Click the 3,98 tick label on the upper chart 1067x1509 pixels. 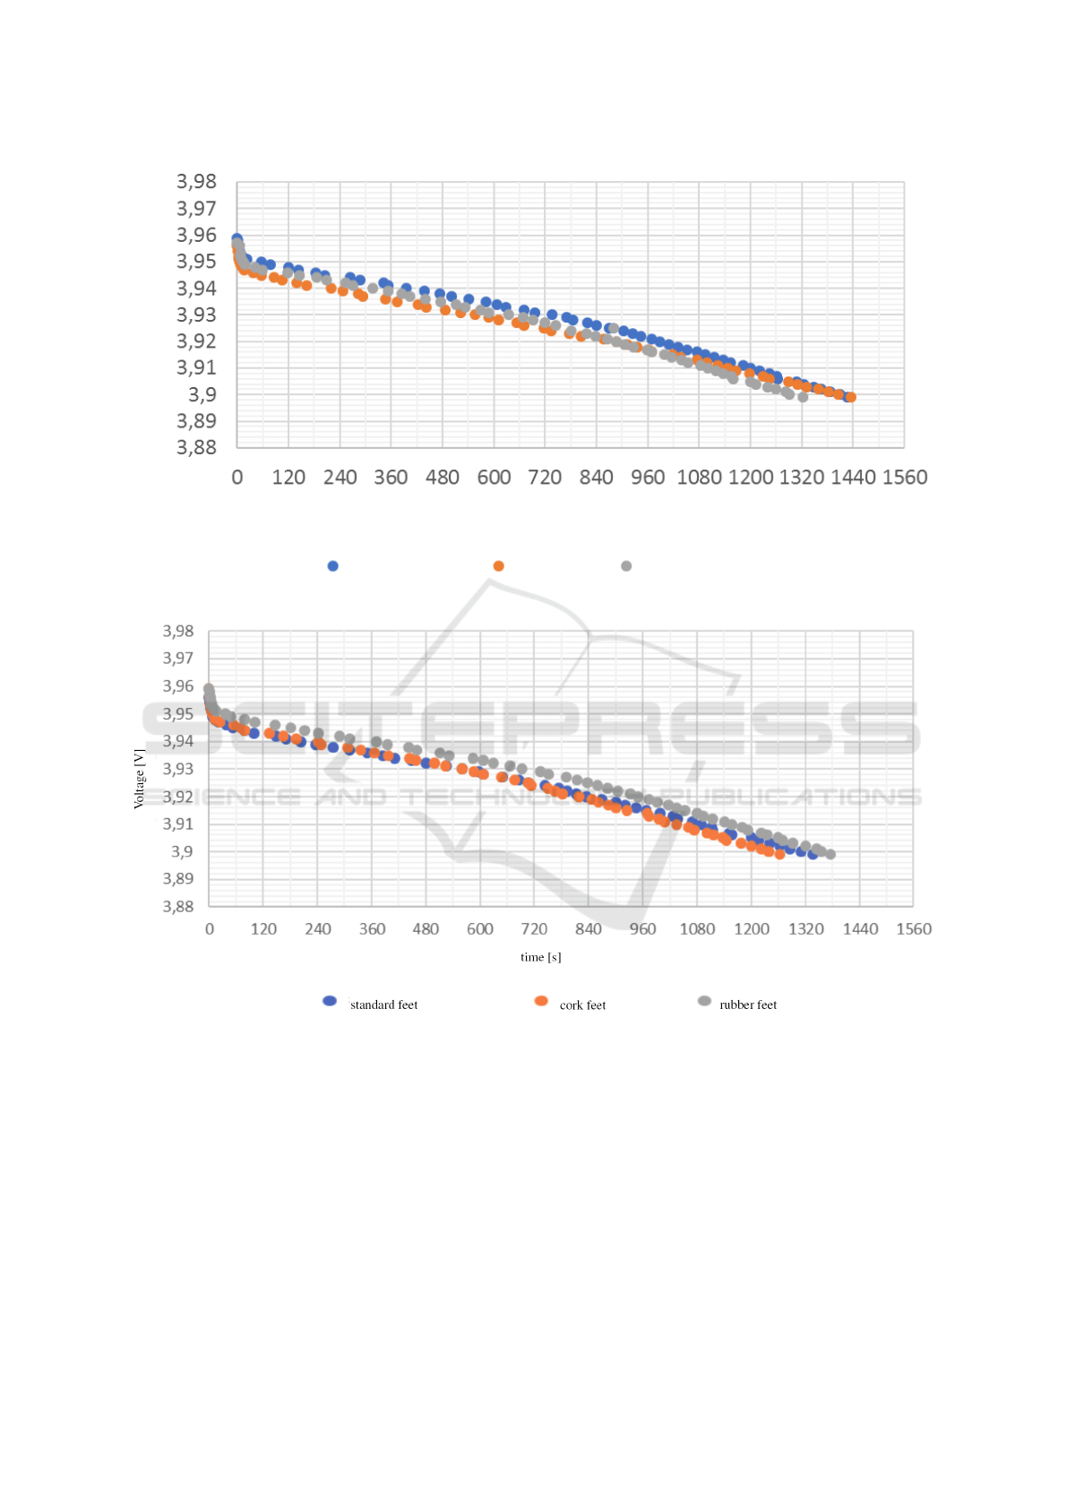coord(196,182)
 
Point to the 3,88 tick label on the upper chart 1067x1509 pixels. coord(196,447)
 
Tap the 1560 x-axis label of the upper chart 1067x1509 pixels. coord(905,478)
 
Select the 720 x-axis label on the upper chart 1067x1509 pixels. coord(545,478)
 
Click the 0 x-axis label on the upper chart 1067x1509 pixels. coord(237,478)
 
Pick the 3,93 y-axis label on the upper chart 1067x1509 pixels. coord(196,315)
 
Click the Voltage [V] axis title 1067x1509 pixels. coord(139,778)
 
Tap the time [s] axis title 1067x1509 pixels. coord(541,957)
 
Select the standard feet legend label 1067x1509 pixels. coord(383,1005)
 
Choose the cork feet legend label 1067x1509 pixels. coord(582,1005)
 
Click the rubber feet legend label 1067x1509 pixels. coord(748,1005)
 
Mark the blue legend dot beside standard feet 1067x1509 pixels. coord(330,1001)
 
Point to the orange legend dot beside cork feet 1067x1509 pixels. coord(541,1001)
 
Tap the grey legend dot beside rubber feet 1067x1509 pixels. coord(704,1001)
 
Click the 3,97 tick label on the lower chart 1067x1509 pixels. coord(178,659)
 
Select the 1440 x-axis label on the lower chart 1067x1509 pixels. coord(860,929)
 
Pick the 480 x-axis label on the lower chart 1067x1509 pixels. coord(426,929)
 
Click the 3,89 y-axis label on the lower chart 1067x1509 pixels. coord(178,879)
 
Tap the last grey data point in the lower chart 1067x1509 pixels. coord(830,854)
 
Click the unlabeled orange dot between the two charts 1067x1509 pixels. coord(499,566)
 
